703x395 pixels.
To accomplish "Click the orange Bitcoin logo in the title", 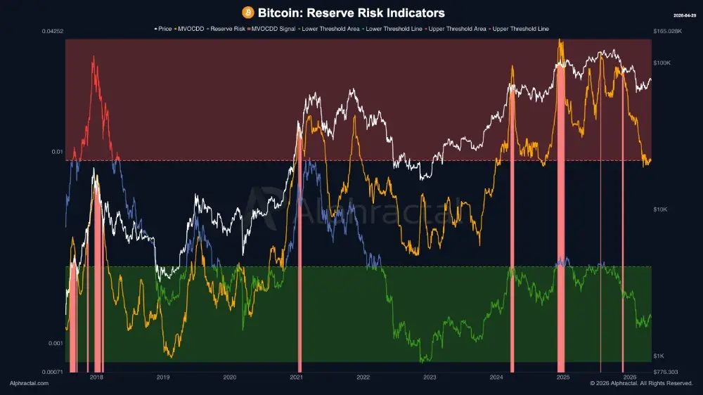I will [247, 13].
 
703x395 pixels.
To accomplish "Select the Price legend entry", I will [163, 29].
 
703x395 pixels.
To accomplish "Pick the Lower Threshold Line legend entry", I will [386, 29].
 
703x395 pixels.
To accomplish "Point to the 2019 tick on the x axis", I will [163, 377].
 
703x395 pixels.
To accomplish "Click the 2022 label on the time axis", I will [363, 377].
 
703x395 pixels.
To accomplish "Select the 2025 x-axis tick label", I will [562, 377].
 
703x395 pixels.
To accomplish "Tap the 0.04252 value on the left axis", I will [53, 32].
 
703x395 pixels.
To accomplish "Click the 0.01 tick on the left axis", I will [57, 152].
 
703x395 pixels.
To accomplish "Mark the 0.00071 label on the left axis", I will [53, 372].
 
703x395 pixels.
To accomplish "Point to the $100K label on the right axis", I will [663, 63].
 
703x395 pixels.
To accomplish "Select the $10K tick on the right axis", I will [661, 209].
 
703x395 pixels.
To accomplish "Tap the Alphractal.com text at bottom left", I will [30, 384].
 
